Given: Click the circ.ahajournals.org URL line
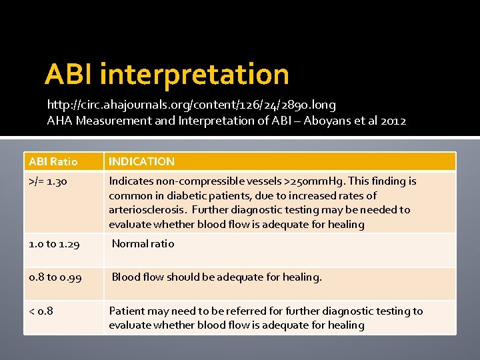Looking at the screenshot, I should click(x=191, y=105).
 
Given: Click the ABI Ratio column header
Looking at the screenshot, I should click(x=53, y=161).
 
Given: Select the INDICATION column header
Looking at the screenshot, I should click(x=142, y=161).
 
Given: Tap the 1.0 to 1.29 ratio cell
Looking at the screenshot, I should click(x=55, y=245).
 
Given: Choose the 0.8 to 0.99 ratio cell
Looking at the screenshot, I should click(x=56, y=277).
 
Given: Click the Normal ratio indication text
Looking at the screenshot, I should click(x=143, y=244).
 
